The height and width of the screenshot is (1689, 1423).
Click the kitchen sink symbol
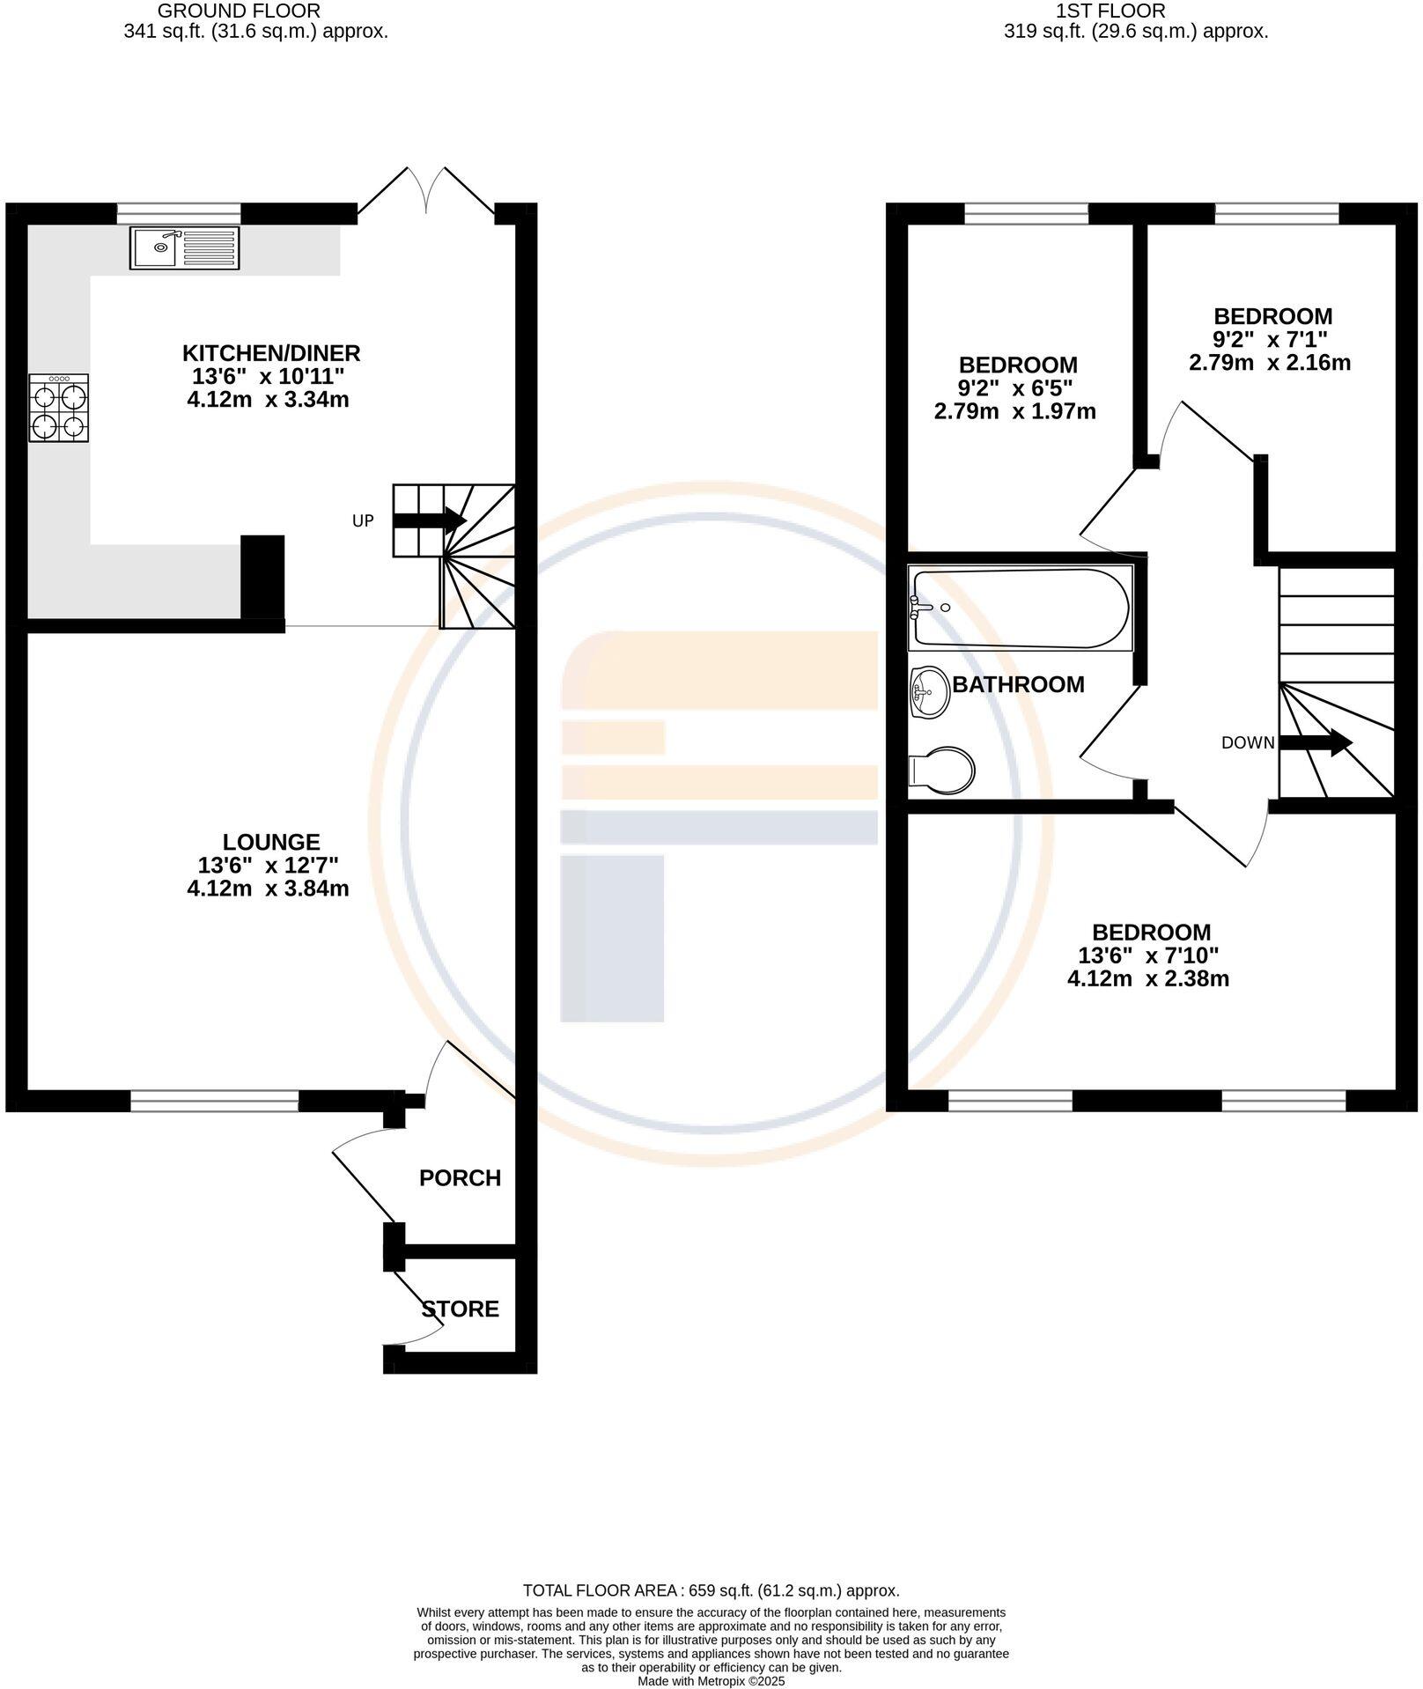(x=184, y=247)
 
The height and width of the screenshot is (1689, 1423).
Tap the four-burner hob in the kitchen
(x=59, y=408)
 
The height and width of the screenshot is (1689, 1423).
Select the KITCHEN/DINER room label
(x=271, y=353)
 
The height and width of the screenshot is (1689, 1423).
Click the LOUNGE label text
(x=271, y=842)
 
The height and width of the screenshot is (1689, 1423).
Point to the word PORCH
(x=460, y=1177)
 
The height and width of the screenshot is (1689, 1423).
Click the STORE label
(x=460, y=1309)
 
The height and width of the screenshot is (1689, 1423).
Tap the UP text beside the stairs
(x=363, y=520)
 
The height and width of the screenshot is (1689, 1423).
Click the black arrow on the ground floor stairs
(x=429, y=520)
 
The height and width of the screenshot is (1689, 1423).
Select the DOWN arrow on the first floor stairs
(x=1316, y=742)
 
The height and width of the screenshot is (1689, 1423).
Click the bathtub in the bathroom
(x=1020, y=608)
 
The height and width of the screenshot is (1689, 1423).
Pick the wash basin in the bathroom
(x=928, y=690)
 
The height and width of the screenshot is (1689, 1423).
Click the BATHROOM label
(x=1018, y=684)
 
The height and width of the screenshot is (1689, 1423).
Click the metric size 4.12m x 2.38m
(x=1147, y=978)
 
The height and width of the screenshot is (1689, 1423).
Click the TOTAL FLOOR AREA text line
(x=711, y=1590)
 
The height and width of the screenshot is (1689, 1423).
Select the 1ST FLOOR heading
(x=1110, y=11)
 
